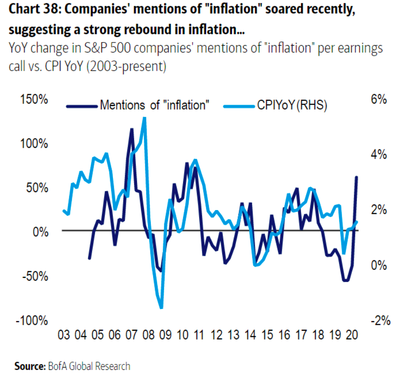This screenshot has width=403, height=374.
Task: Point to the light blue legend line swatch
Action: (x=239, y=106)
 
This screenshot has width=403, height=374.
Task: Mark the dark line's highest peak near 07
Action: (x=132, y=129)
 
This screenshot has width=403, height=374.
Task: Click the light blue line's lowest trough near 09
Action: (x=161, y=308)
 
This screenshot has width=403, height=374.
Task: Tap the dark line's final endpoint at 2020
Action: (x=356, y=177)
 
